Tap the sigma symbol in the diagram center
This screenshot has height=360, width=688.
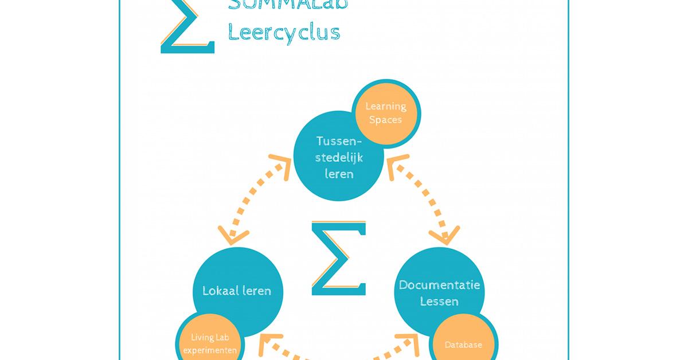tap(339, 257)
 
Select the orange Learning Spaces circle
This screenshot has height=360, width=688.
tap(386, 112)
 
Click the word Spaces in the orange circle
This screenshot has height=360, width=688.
tap(385, 120)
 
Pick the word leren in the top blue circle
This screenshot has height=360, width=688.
tap(339, 174)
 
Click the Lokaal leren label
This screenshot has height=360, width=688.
tap(236, 291)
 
